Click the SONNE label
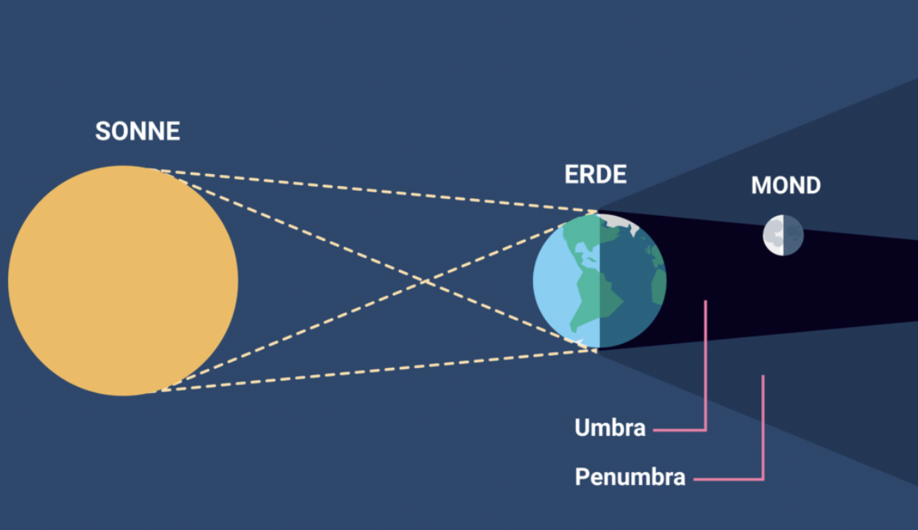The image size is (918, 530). pyautogui.click(x=138, y=131)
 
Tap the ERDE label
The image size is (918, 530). pyautogui.click(x=595, y=174)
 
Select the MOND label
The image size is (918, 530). pyautogui.click(x=786, y=185)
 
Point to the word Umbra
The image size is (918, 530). pyautogui.click(x=610, y=428)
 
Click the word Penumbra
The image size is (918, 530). pyautogui.click(x=630, y=477)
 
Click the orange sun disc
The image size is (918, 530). pyautogui.click(x=123, y=280)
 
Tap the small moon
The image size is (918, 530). pyautogui.click(x=783, y=235)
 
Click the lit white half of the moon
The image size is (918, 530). pyautogui.click(x=774, y=235)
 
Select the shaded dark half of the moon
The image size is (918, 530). pyautogui.click(x=792, y=235)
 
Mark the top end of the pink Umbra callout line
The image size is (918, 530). pyautogui.click(x=705, y=302)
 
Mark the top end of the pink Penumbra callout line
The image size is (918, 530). pyautogui.click(x=763, y=376)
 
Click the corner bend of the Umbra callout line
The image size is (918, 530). pyautogui.click(x=705, y=430)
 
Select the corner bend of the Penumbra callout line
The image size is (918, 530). pyautogui.click(x=763, y=479)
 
